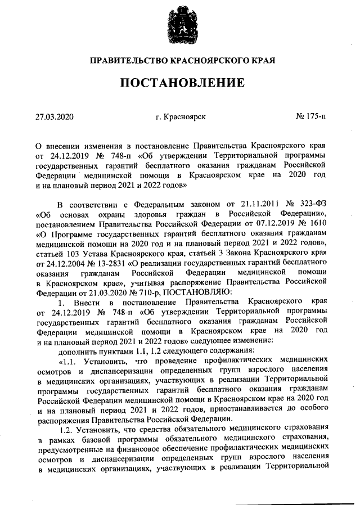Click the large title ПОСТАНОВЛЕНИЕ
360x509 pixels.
[x=181, y=83]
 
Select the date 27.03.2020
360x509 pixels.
[x=55, y=117]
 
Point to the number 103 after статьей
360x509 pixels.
[x=70, y=252]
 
